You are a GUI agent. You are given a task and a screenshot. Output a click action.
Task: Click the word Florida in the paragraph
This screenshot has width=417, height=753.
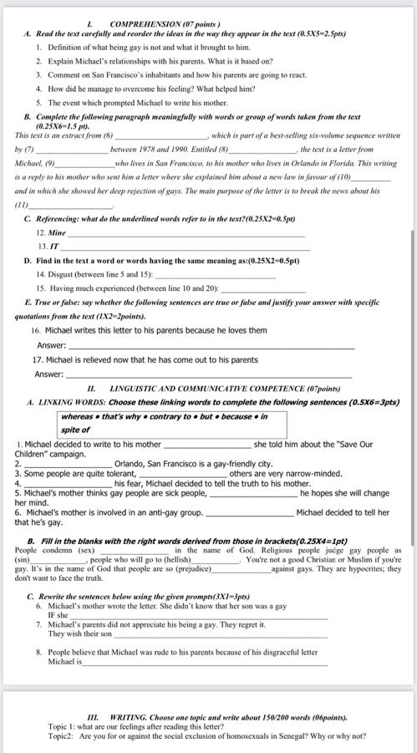point(329,162)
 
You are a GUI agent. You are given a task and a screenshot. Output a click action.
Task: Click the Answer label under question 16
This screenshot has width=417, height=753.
point(51,345)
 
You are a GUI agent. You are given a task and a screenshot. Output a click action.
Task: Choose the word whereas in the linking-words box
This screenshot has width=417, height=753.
point(77,417)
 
